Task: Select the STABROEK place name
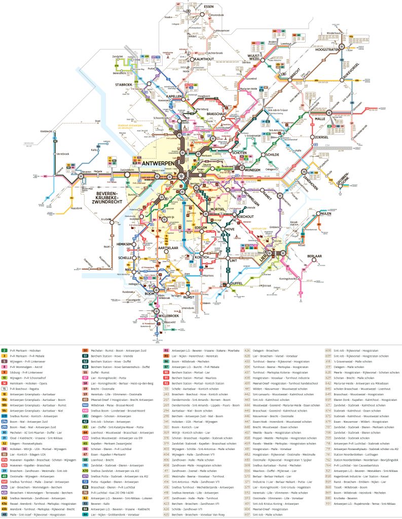(124, 85)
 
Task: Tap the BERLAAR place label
(315, 256)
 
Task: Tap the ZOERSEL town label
(321, 137)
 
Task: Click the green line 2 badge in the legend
(4, 350)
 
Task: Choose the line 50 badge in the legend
(85, 350)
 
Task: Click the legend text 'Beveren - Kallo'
(100, 507)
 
